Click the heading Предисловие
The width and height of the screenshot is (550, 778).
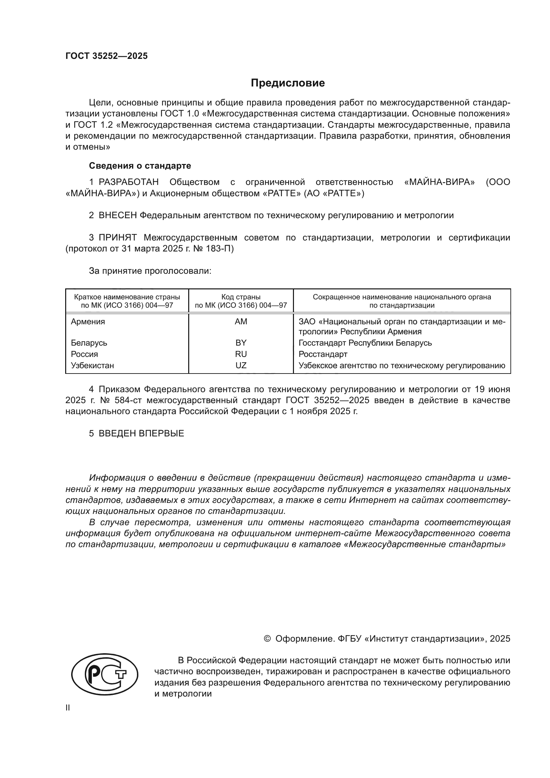(x=288, y=83)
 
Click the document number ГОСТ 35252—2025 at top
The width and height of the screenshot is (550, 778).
(x=107, y=56)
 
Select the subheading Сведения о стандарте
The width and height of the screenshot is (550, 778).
(x=140, y=166)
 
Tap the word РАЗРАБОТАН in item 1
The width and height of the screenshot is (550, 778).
(x=129, y=182)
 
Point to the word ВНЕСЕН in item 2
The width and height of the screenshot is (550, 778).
(x=117, y=216)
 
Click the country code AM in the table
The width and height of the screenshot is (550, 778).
(x=241, y=322)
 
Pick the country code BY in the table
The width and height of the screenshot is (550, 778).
(x=241, y=343)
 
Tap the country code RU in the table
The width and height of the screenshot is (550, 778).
(x=241, y=354)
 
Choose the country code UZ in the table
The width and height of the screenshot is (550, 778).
(x=241, y=366)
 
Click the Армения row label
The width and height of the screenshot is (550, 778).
(x=88, y=322)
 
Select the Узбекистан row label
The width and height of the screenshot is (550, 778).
(x=92, y=366)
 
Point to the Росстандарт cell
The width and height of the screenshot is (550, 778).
(x=323, y=354)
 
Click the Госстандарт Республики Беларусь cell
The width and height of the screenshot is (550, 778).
(x=365, y=343)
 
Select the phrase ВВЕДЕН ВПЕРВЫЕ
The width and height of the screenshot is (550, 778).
(x=141, y=433)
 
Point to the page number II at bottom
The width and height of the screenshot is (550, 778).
(x=68, y=708)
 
